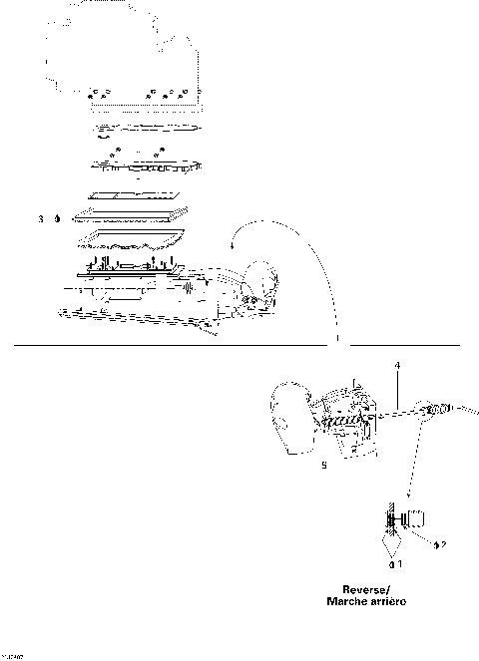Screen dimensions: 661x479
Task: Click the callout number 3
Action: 41,217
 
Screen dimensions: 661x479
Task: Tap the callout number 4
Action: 397,367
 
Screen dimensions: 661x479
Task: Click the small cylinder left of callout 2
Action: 417,518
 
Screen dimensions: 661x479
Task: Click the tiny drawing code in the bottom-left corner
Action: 12,656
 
